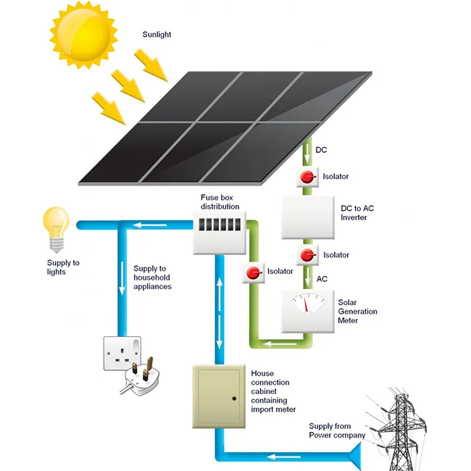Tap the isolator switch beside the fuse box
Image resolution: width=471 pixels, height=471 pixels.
click(254, 272)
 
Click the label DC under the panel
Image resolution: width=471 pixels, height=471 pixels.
click(322, 151)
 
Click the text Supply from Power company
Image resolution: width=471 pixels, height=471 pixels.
click(337, 430)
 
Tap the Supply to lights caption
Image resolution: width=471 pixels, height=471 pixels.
click(64, 267)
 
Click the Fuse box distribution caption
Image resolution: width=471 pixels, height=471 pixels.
click(220, 201)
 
